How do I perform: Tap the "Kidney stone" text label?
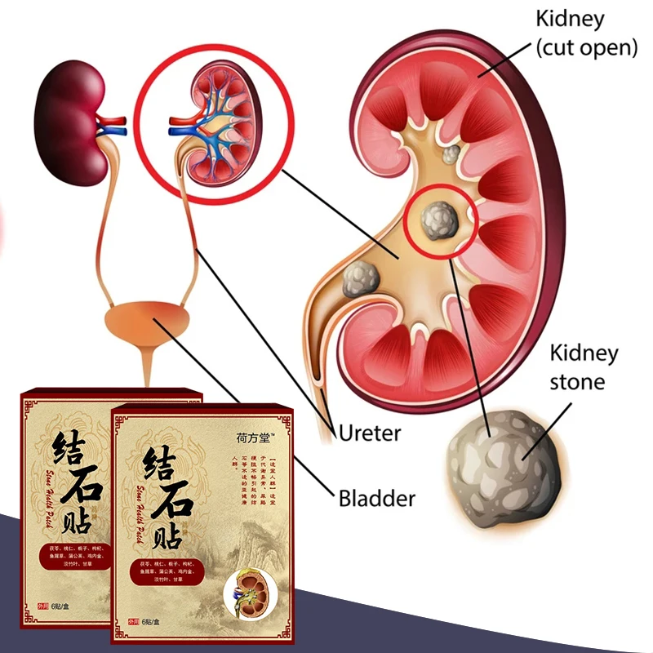point(584,367)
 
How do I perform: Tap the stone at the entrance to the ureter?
point(359,279)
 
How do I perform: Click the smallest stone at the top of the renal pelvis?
point(450,153)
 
